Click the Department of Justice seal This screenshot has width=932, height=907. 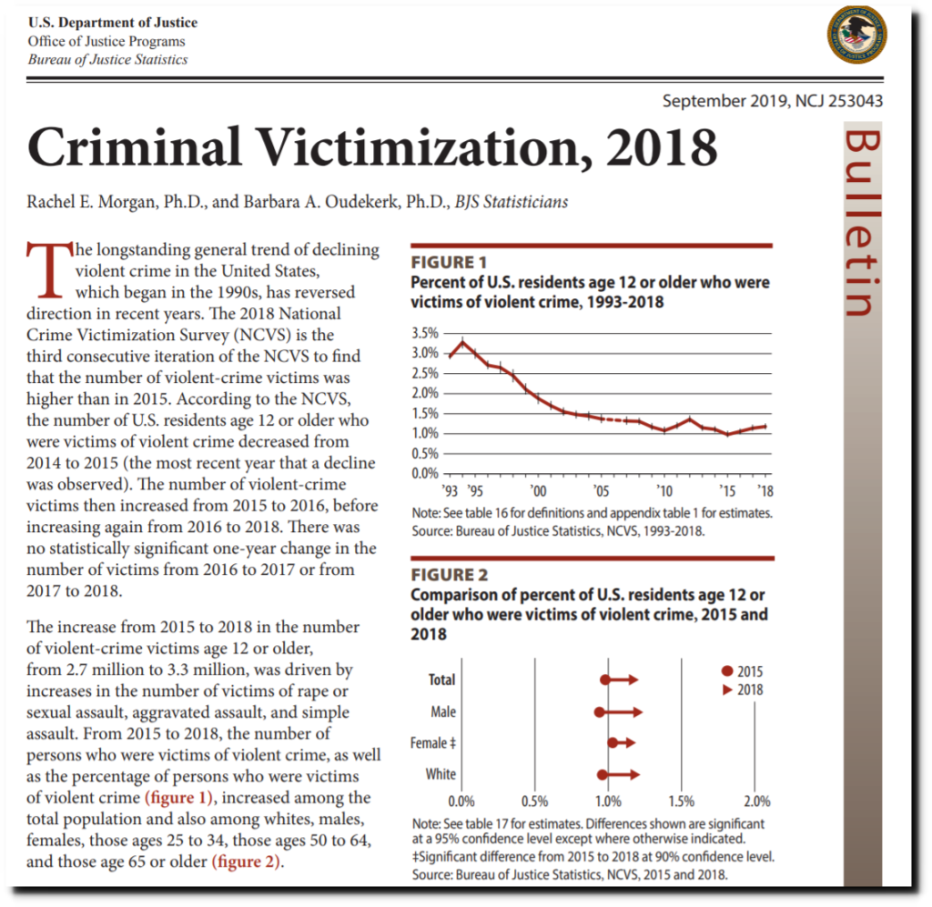pos(856,35)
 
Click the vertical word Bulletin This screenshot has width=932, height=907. pos(862,222)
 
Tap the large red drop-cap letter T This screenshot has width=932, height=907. pos(49,269)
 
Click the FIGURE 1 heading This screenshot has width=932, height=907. pos(449,262)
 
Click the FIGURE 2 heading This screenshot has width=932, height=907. pos(450,574)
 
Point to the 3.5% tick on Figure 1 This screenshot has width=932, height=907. pos(425,333)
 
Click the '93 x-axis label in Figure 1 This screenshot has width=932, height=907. pos(450,490)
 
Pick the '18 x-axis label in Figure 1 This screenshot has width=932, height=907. pos(765,490)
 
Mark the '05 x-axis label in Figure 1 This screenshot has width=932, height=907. pos(601,490)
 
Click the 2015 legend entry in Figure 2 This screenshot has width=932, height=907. pos(742,671)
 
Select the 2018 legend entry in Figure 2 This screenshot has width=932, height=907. pos(742,690)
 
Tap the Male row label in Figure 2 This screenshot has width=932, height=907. pos(443,711)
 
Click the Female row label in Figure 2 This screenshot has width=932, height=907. pos(432,743)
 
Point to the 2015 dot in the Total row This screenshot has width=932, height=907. pos(604,680)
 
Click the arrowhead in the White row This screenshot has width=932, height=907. pos(634,774)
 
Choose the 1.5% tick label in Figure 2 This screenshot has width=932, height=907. pos(681,801)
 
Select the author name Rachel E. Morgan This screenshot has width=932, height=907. pos(92,202)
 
